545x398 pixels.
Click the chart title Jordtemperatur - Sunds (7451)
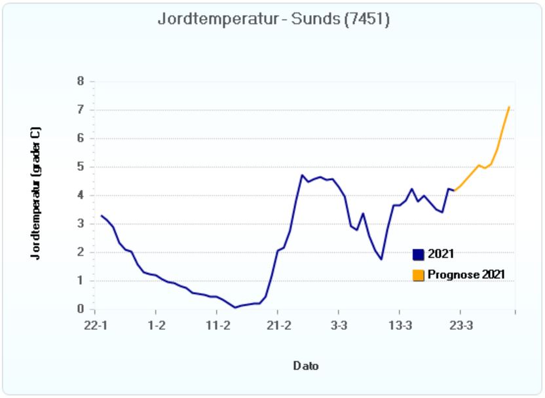point(274,20)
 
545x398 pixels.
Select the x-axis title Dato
point(305,366)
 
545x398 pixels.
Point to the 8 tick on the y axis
point(81,82)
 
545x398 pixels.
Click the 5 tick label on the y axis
point(81,167)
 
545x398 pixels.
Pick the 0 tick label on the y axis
point(81,309)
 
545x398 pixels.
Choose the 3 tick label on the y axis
point(81,224)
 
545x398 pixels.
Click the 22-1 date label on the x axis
point(96,325)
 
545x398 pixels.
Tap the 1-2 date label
point(156,325)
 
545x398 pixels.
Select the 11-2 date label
point(217,325)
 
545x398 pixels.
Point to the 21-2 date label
point(278,325)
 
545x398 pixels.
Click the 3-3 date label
point(338,325)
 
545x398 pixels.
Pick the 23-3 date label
point(460,325)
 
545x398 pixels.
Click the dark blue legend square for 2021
point(419,255)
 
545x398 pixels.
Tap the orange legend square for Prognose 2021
point(419,275)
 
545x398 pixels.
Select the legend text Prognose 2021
point(466,275)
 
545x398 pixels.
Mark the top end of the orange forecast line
point(509,107)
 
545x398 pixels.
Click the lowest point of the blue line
point(235,308)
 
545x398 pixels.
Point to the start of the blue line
point(101,215)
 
